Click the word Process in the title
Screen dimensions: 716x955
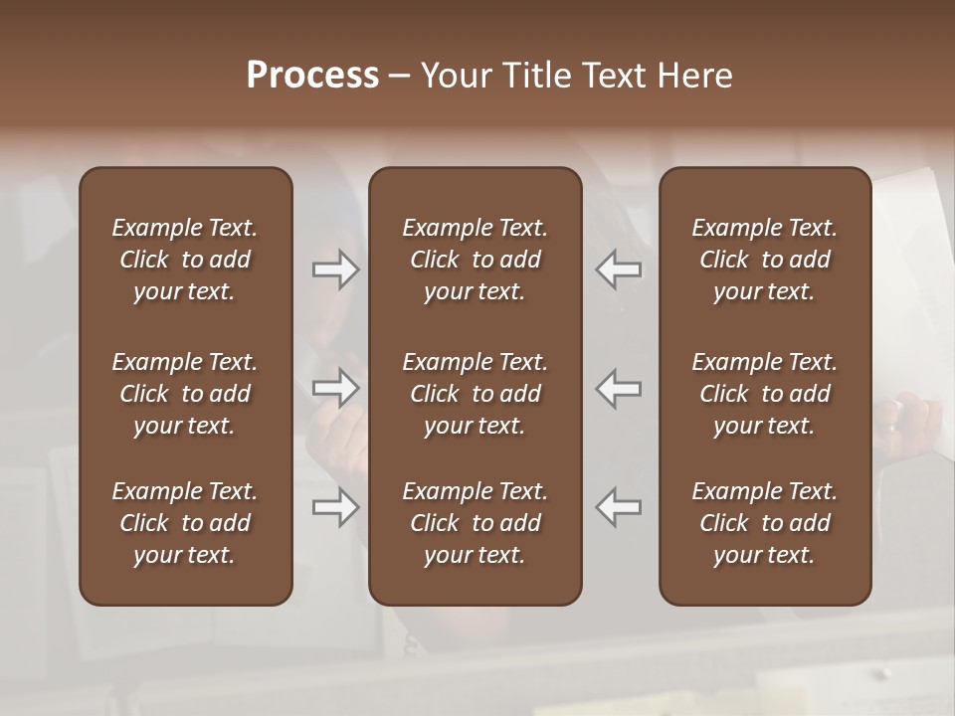pyautogui.click(x=312, y=76)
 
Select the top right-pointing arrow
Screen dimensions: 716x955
pyautogui.click(x=336, y=269)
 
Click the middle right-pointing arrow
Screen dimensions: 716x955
pyautogui.click(x=336, y=388)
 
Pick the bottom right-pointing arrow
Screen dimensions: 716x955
pyautogui.click(x=336, y=507)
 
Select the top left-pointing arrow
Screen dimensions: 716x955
pyautogui.click(x=619, y=269)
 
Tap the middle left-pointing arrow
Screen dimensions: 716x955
pyautogui.click(x=619, y=388)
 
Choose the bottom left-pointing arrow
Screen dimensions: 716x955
pyautogui.click(x=619, y=507)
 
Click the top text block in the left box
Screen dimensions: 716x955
pyautogui.click(x=185, y=260)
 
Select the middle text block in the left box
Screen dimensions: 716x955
pyautogui.click(x=185, y=394)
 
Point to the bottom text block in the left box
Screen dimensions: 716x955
pyautogui.click(x=185, y=523)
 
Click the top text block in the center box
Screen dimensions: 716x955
pyautogui.click(x=476, y=260)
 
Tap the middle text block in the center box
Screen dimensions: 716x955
pyautogui.click(x=476, y=394)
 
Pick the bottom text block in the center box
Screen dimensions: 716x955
pyautogui.click(x=476, y=523)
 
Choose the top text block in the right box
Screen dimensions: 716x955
pyautogui.click(x=765, y=260)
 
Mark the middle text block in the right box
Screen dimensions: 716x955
pyautogui.click(x=765, y=394)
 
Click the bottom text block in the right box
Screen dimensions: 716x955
pyautogui.click(x=765, y=523)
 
